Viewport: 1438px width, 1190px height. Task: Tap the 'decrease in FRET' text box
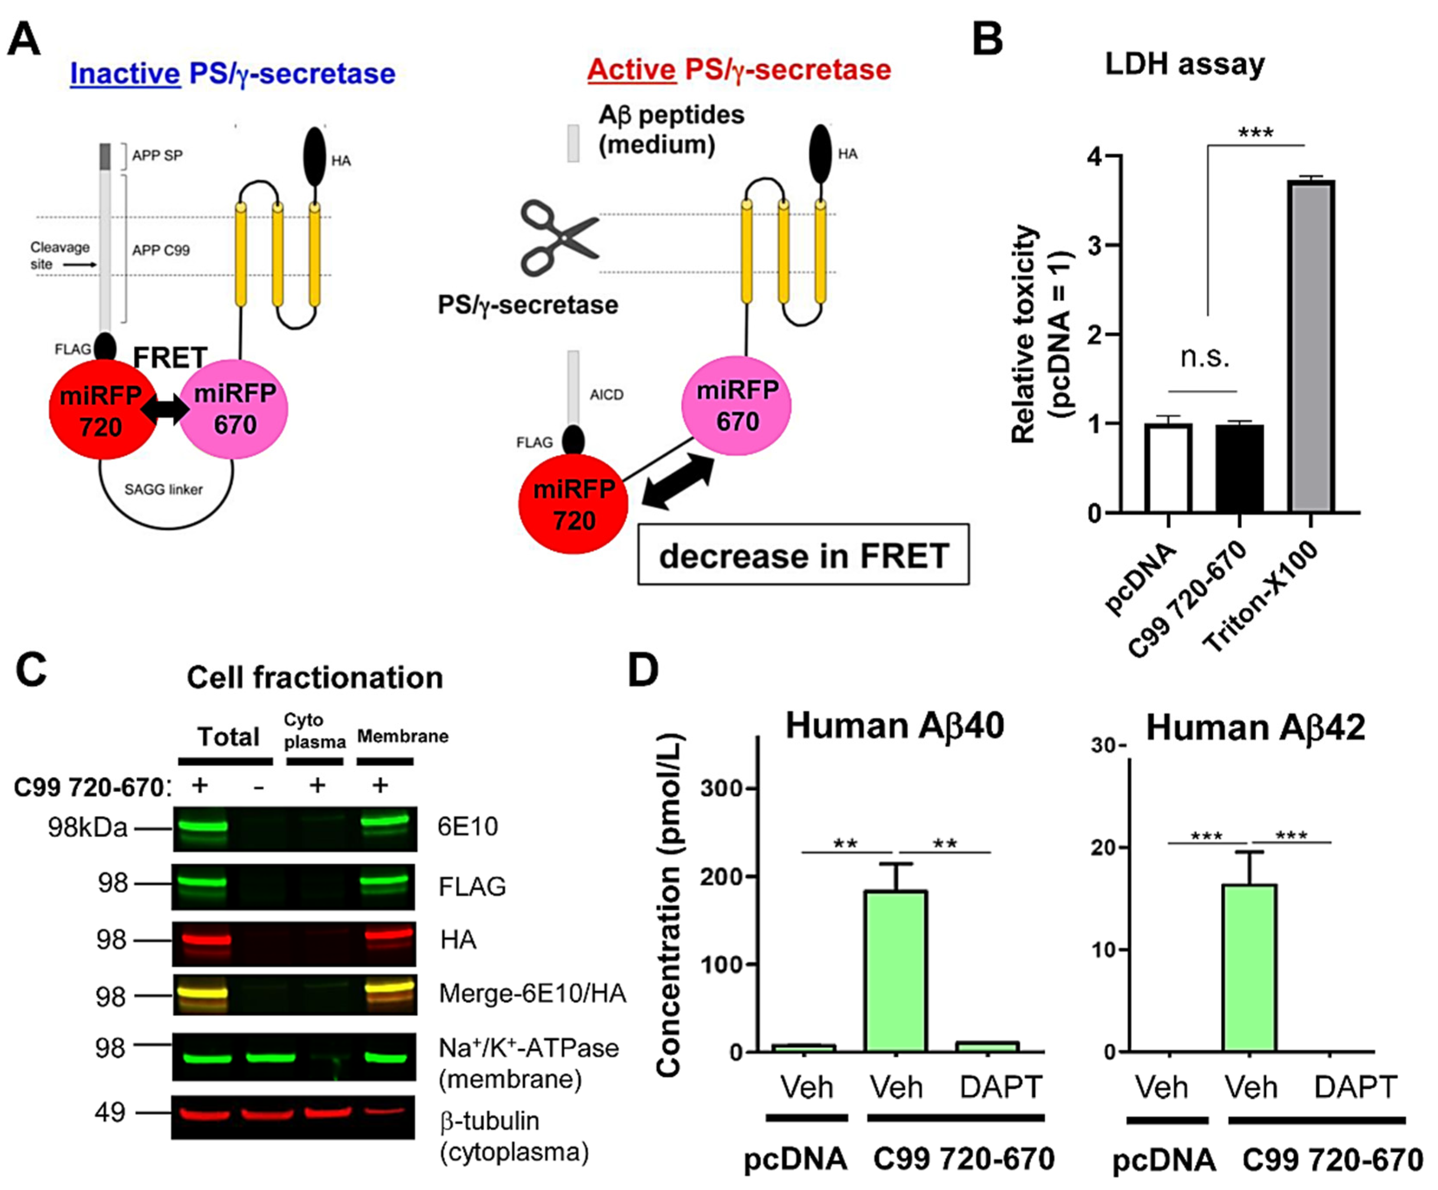pyautogui.click(x=803, y=555)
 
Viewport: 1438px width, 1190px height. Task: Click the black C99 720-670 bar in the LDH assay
pyautogui.click(x=1239, y=469)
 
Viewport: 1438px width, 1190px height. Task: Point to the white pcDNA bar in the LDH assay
pyautogui.click(x=1168, y=469)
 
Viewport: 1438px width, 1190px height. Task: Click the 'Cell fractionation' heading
pyautogui.click(x=315, y=677)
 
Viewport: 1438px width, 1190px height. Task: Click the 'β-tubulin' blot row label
pyautogui.click(x=489, y=1121)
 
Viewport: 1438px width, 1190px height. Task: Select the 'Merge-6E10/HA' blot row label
pyautogui.click(x=532, y=993)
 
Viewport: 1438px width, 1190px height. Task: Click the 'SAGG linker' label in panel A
pyautogui.click(x=164, y=489)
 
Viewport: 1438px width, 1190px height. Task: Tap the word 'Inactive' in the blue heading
pyautogui.click(x=125, y=73)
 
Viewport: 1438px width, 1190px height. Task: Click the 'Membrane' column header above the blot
pyautogui.click(x=403, y=736)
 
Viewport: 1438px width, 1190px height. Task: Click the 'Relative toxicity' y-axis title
pyautogui.click(x=1024, y=334)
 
